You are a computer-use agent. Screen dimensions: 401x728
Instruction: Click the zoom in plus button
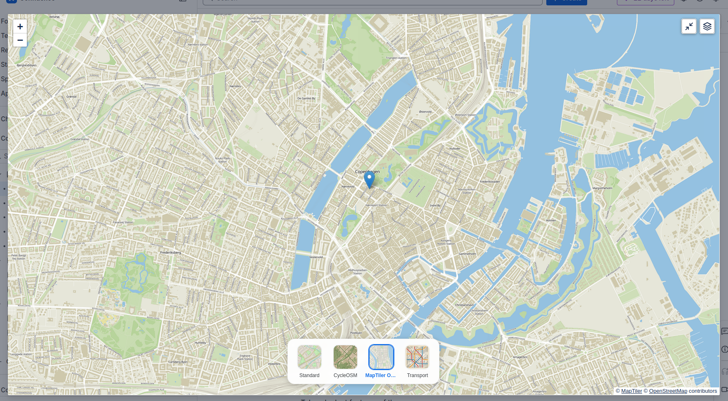pyautogui.click(x=20, y=26)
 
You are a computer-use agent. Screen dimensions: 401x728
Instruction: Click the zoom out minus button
pyautogui.click(x=20, y=40)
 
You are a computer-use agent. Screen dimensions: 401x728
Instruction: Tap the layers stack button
pyautogui.click(x=707, y=26)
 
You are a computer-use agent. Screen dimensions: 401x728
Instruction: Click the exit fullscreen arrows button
pyautogui.click(x=689, y=26)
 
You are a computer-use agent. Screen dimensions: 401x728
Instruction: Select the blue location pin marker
pyautogui.click(x=369, y=179)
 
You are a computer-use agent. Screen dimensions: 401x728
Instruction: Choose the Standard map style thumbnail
pyautogui.click(x=309, y=357)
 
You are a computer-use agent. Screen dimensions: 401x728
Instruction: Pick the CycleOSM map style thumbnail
pyautogui.click(x=345, y=357)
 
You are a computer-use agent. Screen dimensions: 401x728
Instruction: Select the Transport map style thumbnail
pyautogui.click(x=417, y=357)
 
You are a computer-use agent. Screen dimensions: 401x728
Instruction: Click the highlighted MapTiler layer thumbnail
pyautogui.click(x=381, y=357)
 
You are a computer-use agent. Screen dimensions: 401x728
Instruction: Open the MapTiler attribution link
pyautogui.click(x=631, y=391)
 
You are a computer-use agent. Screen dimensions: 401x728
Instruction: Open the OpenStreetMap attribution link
pyautogui.click(x=668, y=391)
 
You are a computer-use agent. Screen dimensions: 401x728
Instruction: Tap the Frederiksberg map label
pyautogui.click(x=171, y=252)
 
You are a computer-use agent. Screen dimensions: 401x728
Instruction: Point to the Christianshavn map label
pyautogui.click(x=465, y=305)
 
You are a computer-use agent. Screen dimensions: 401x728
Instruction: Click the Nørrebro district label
pyautogui.click(x=235, y=86)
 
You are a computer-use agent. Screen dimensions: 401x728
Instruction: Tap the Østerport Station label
pyautogui.click(x=465, y=115)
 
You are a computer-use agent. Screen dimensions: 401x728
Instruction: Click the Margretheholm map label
pyautogui.click(x=602, y=188)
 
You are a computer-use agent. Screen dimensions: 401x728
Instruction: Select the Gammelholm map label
pyautogui.click(x=467, y=254)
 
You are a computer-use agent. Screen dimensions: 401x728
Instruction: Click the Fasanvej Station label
pyautogui.click(x=123, y=222)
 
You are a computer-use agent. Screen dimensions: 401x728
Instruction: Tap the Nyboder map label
pyautogui.click(x=455, y=149)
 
